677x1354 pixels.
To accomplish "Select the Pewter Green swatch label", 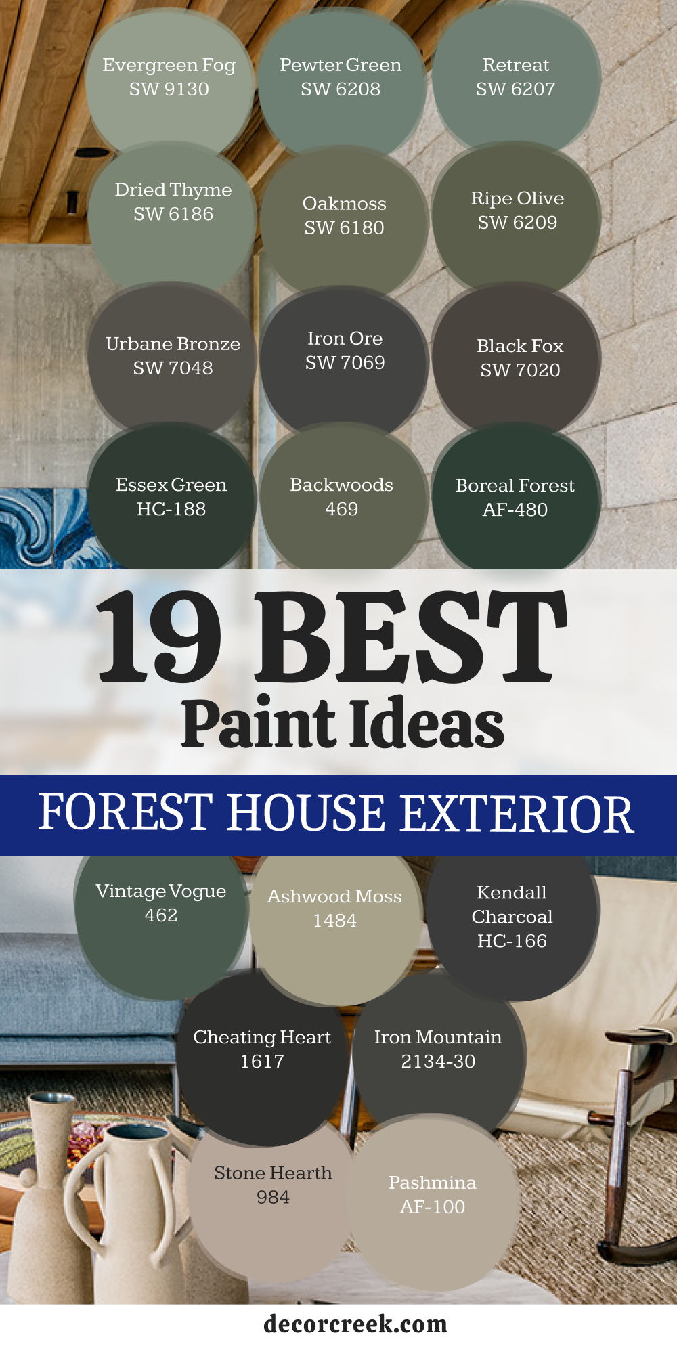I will pos(341,65).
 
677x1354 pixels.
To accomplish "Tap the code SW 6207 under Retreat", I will pos(516,89).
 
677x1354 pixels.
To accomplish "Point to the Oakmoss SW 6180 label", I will pos(344,215).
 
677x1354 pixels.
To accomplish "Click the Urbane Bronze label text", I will pos(173,344).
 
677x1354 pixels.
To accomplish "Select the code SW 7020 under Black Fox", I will pos(520,370).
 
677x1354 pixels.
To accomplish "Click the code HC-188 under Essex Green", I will pos(171,509).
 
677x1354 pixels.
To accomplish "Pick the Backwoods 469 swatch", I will pos(343,501).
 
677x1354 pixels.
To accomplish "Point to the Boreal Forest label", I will pos(515,485).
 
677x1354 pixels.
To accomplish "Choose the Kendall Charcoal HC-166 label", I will pos(512,917).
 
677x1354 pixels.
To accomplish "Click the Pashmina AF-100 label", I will pos(433,1194).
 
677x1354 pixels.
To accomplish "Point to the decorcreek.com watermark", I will pos(355,1324).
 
